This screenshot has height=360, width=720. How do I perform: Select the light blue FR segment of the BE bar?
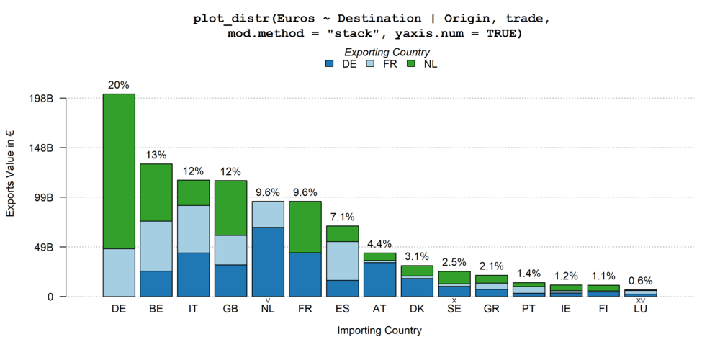[x=156, y=246]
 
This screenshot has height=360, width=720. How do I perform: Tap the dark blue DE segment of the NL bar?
[x=268, y=261]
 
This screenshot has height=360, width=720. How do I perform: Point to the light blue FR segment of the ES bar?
[x=343, y=261]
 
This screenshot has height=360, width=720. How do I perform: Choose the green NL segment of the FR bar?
[x=305, y=227]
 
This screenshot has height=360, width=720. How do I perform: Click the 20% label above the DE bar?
[x=119, y=85]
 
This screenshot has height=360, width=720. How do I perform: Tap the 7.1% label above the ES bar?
[x=343, y=217]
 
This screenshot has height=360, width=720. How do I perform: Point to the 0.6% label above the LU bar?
[x=640, y=282]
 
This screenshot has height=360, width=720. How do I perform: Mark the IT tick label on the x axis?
[x=193, y=308]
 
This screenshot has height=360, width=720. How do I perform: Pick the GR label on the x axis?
[x=492, y=308]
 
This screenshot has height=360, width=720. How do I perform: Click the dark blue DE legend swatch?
[x=330, y=64]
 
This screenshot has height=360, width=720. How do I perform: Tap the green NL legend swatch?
[x=412, y=64]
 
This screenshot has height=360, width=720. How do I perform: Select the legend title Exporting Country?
[x=387, y=52]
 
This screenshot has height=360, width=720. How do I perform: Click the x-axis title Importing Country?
[x=379, y=331]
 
